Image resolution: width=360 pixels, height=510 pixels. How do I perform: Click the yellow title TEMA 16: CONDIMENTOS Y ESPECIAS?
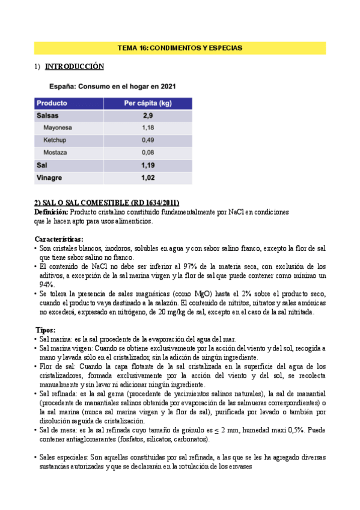[x=180, y=48]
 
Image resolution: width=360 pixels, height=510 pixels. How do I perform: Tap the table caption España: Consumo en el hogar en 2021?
[x=112, y=87]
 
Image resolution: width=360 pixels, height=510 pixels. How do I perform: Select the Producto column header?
[x=52, y=103]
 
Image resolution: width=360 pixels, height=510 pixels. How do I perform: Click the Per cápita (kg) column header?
[x=147, y=103]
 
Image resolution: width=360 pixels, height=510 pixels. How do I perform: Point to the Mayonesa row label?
[x=58, y=127]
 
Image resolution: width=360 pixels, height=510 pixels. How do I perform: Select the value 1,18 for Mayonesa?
[x=148, y=127]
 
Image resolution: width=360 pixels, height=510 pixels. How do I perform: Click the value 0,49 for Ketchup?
[x=148, y=140]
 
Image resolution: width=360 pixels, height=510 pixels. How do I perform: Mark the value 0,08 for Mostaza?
[x=148, y=152]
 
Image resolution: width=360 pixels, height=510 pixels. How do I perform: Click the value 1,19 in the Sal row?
[x=148, y=165]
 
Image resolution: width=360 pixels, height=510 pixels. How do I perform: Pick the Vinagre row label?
[x=49, y=177]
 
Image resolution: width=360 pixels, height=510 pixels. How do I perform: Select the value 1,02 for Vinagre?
[x=148, y=177]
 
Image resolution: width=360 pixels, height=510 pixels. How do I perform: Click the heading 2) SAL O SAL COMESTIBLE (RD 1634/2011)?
[x=107, y=202]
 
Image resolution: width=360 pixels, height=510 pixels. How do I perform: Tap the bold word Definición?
[x=52, y=212]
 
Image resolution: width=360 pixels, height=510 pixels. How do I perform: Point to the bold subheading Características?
[x=59, y=239]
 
